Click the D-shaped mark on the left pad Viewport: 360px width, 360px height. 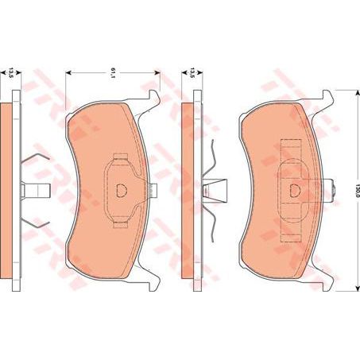[122, 190]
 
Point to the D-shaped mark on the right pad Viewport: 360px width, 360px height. [295, 190]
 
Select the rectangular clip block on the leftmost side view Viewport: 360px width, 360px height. [38, 191]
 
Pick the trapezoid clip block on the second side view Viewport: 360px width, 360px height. [212, 191]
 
